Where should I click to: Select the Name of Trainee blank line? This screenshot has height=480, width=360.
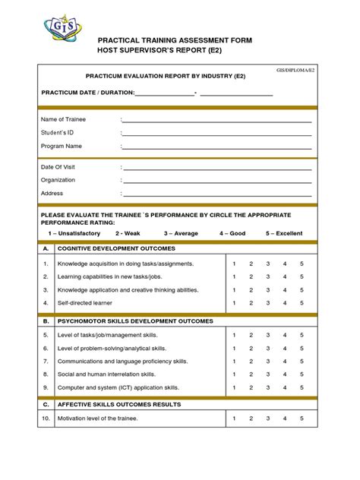click(x=216, y=121)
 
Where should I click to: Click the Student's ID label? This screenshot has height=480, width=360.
click(x=58, y=132)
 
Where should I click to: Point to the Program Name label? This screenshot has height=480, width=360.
click(x=62, y=146)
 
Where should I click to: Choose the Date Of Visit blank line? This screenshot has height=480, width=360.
click(x=216, y=168)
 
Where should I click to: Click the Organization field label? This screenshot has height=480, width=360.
click(x=58, y=180)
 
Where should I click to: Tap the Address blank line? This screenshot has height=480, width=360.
click(x=216, y=194)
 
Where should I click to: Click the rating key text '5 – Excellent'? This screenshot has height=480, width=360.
click(x=284, y=234)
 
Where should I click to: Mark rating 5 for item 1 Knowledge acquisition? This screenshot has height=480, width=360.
click(x=302, y=264)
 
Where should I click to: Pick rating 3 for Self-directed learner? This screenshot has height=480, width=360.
click(x=268, y=303)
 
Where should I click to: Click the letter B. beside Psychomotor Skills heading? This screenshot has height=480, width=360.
click(x=46, y=321)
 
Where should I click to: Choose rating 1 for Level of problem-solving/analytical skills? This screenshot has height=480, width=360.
click(x=234, y=348)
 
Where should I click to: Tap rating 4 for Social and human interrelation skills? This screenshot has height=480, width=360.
click(x=285, y=374)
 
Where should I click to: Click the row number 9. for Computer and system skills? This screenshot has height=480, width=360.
click(x=46, y=387)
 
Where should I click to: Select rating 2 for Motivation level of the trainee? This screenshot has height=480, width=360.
click(x=251, y=418)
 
